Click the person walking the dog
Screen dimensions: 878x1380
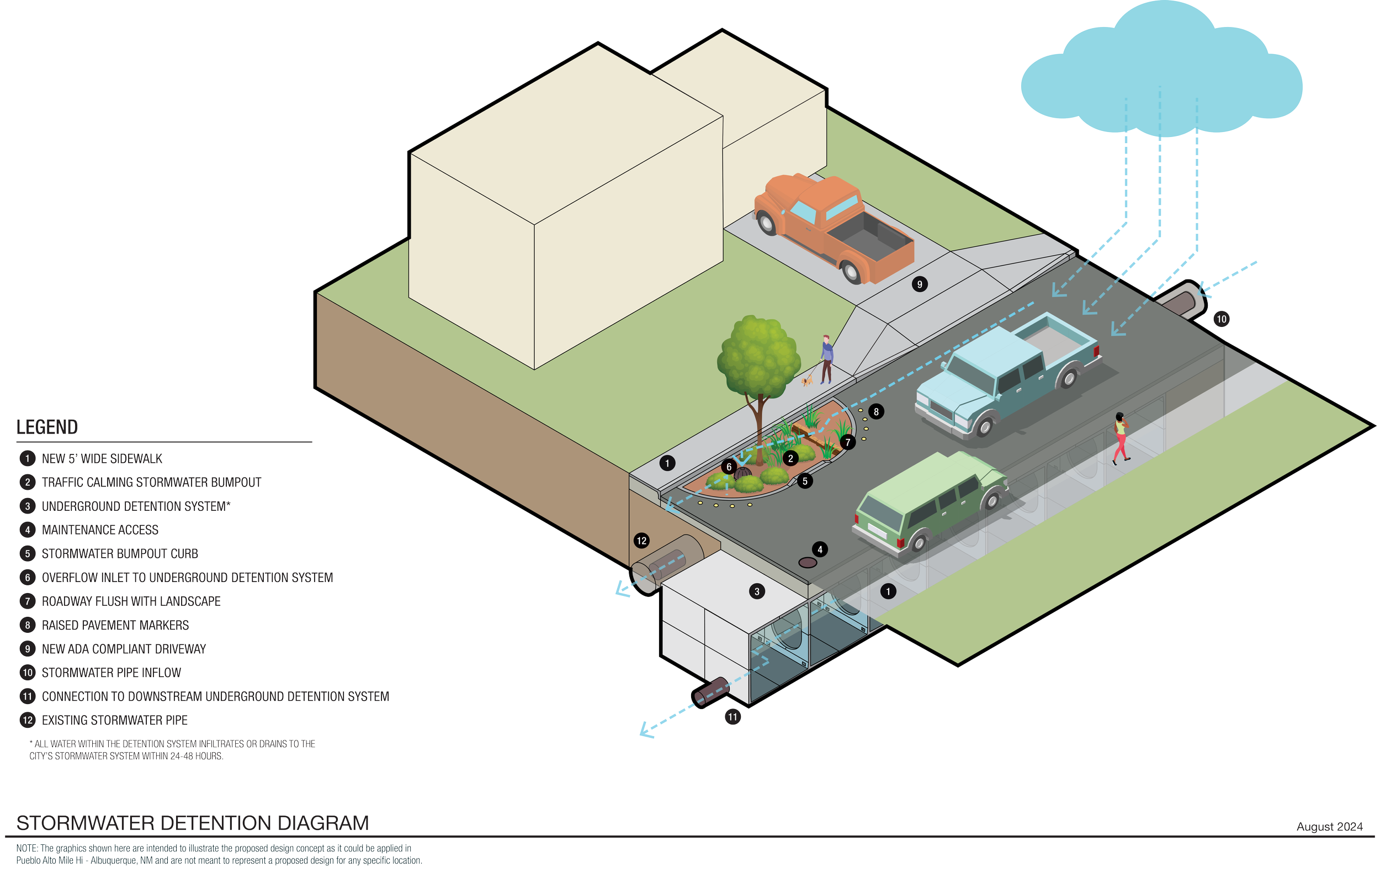click(x=826, y=359)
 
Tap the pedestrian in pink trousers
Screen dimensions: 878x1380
click(x=1121, y=438)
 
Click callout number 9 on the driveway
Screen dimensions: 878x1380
click(x=919, y=284)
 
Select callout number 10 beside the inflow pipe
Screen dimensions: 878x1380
click(x=1221, y=319)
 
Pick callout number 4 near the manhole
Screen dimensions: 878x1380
click(x=820, y=549)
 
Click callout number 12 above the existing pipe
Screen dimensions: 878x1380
click(x=641, y=540)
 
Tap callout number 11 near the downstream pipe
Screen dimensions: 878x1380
click(x=733, y=716)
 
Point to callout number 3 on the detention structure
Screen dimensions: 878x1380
click(x=756, y=591)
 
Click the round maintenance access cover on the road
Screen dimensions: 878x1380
click(x=808, y=563)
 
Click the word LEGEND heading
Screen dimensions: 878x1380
click(x=47, y=428)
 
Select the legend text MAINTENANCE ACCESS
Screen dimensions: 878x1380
click(x=100, y=530)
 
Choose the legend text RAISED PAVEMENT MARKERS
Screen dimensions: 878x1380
click(x=115, y=625)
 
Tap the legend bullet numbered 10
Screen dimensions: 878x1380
click(x=28, y=673)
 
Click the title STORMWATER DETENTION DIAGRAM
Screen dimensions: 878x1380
click(x=193, y=823)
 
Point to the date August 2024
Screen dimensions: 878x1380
click(x=1329, y=827)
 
